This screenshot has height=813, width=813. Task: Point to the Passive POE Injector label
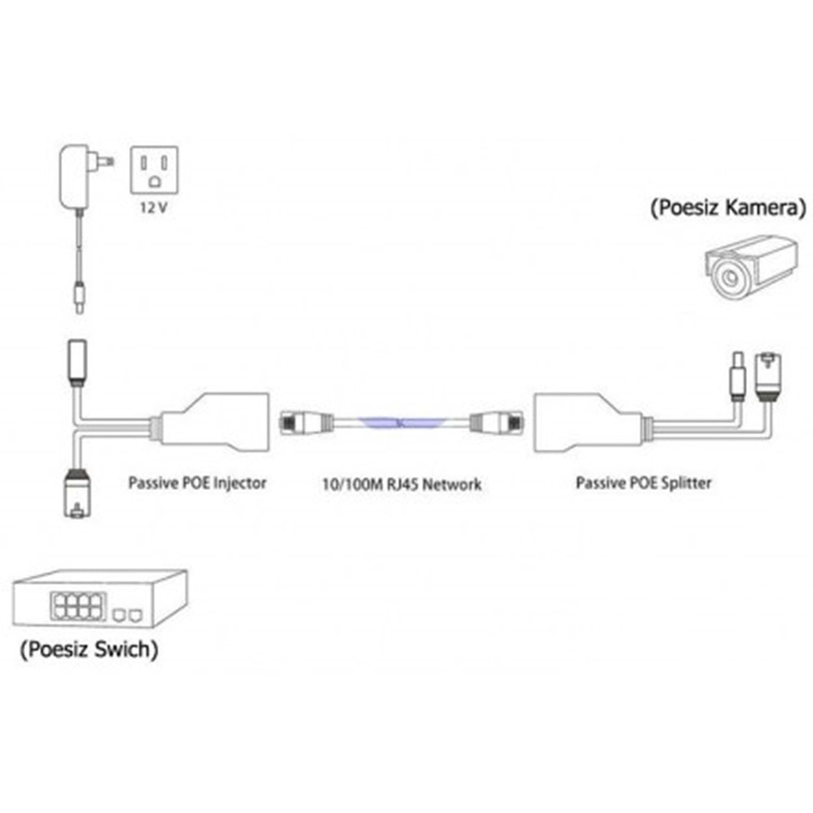pyautogui.click(x=197, y=483)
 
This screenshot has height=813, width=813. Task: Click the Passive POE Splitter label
pyautogui.click(x=643, y=483)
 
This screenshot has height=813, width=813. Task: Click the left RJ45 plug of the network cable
pyautogui.click(x=306, y=423)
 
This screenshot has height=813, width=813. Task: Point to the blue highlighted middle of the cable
pyautogui.click(x=401, y=423)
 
